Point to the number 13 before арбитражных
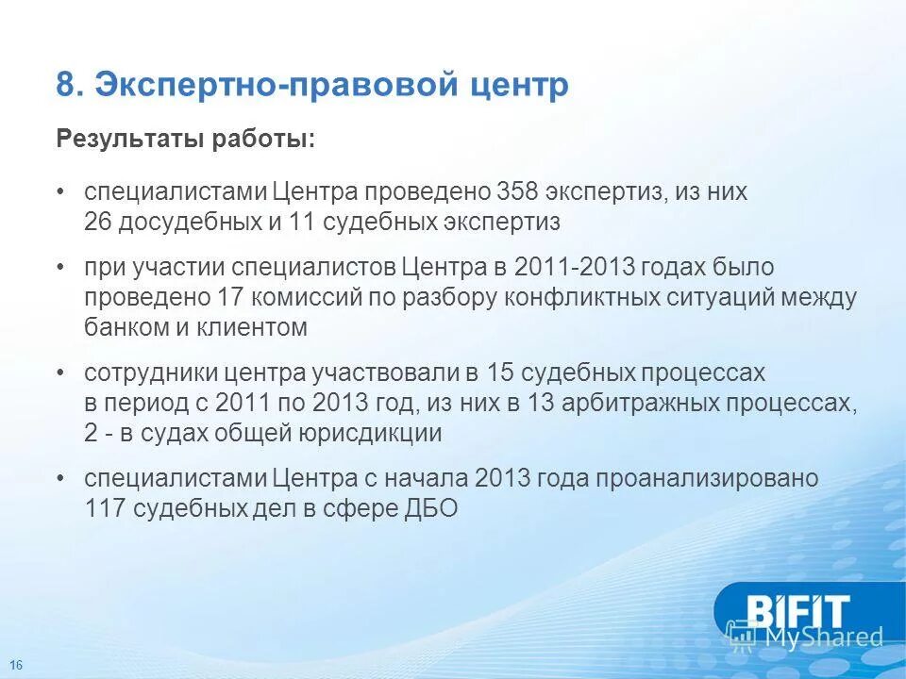point(546,403)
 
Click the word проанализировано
point(704,478)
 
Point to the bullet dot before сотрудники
point(60,373)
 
